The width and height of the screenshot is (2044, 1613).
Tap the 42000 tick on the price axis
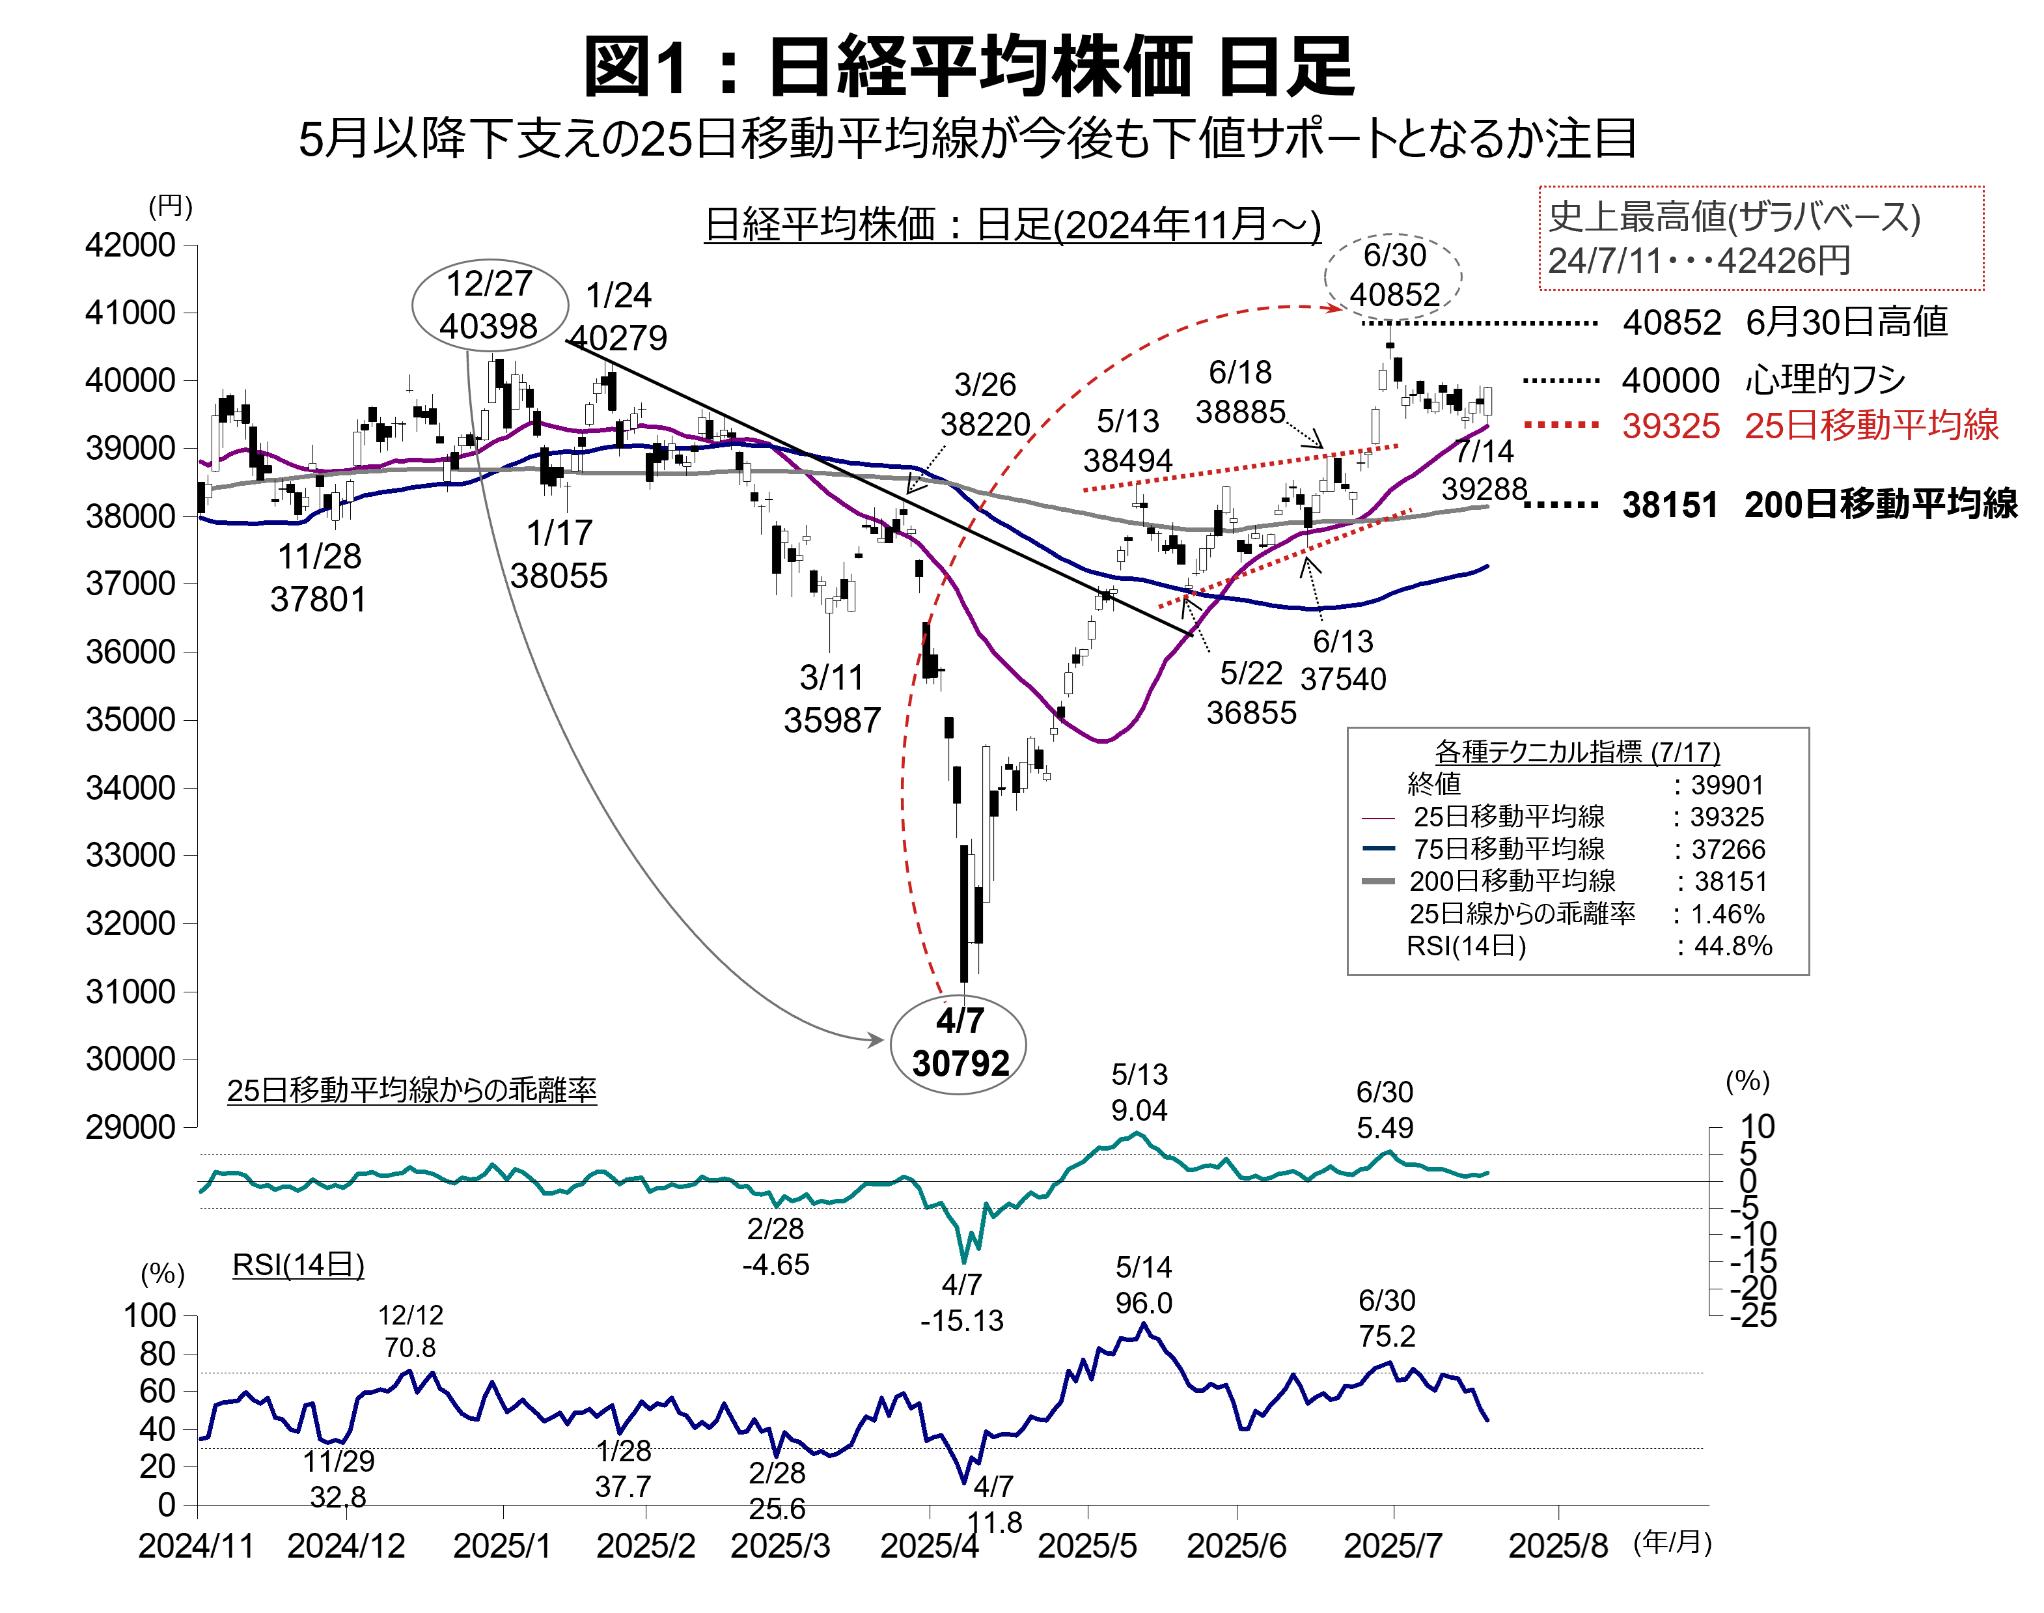(130, 245)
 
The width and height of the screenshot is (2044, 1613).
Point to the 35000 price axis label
(130, 720)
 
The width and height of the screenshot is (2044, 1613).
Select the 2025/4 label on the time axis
(929, 1546)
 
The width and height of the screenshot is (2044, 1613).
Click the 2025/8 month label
(1558, 1546)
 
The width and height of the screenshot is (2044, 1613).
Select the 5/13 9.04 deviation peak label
(1140, 1093)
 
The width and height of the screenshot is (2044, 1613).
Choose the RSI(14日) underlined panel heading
(298, 1265)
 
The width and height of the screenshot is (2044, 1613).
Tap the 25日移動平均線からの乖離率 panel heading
(411, 1091)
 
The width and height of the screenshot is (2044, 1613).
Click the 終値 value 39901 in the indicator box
(1727, 785)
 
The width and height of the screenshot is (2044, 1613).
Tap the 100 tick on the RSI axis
(149, 1315)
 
